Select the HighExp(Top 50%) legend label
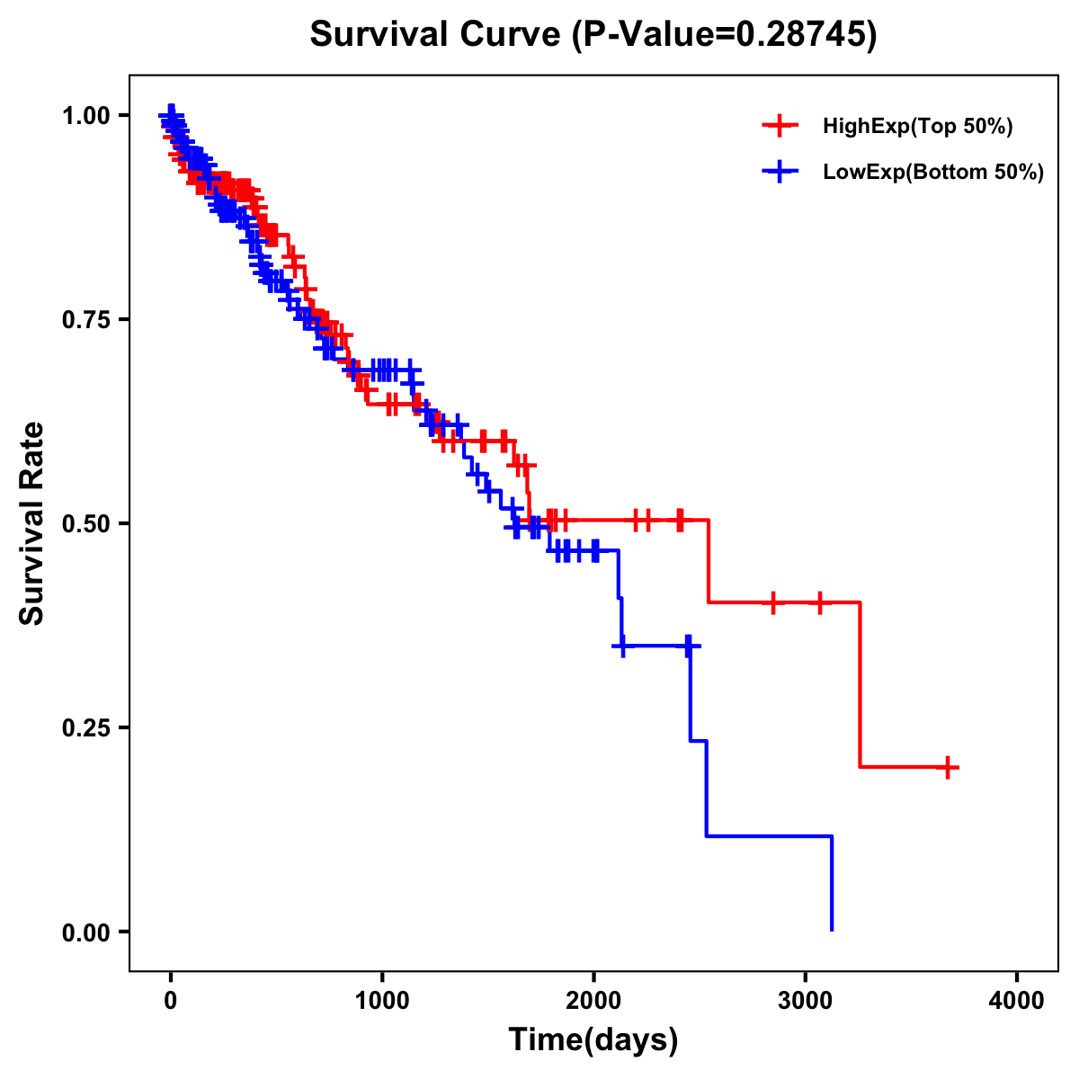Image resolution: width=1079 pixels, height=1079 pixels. coord(917,127)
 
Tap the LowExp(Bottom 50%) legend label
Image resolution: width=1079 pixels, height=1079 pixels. coord(933,173)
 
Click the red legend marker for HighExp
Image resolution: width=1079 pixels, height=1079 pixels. coord(780,126)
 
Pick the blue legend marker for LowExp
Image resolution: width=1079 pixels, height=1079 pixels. coord(780,172)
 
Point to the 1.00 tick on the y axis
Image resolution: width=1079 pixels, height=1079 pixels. coord(85,116)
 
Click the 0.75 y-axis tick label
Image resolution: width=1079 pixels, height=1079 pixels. coord(85,320)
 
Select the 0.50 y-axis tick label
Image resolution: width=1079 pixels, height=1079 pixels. coord(85,523)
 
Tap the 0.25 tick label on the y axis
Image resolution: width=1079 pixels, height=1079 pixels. coord(85,727)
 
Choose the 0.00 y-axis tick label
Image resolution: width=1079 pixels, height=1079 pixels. coord(85,932)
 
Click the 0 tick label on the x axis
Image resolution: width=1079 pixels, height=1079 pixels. coord(171,1001)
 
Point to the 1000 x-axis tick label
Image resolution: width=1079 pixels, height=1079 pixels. coord(382,1001)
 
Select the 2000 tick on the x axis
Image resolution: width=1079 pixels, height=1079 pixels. coord(593,1001)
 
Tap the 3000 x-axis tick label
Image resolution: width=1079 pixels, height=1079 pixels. coord(806,1001)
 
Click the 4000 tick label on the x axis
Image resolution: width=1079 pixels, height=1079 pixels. coord(1017,1001)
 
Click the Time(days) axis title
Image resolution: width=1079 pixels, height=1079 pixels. coord(593,1040)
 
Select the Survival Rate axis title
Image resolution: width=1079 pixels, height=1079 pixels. coord(32,523)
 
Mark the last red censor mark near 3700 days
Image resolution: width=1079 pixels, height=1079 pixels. coord(948,767)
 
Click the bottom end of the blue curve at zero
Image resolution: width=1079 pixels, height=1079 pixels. coord(832,930)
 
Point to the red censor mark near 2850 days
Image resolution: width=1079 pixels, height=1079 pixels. coord(772,602)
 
